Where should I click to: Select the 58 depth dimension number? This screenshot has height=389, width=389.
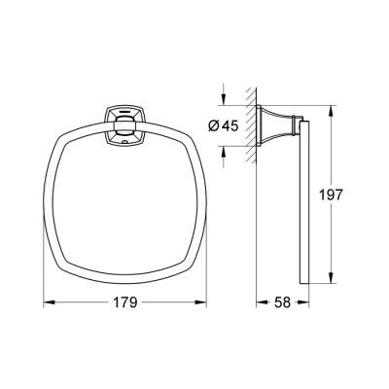pos(283,302)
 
